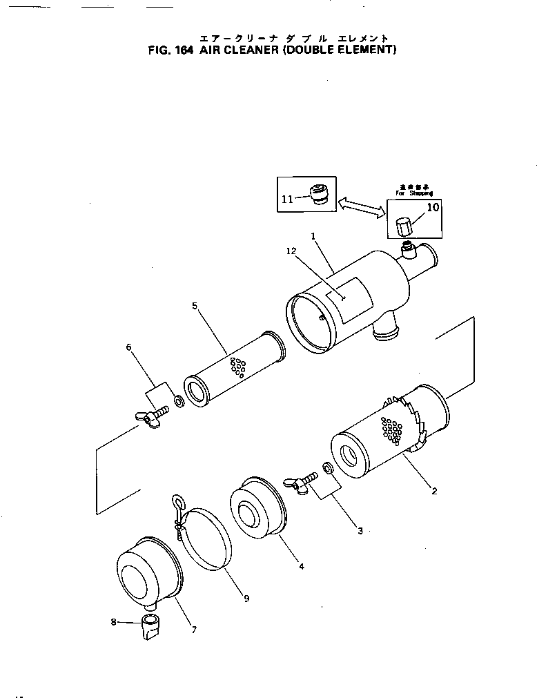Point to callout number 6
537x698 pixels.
pyautogui.click(x=128, y=347)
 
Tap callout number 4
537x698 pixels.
pyautogui.click(x=302, y=566)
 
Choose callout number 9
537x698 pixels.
pyautogui.click(x=246, y=599)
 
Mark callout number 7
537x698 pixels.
pyautogui.click(x=194, y=629)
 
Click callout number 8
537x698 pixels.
pyautogui.click(x=114, y=621)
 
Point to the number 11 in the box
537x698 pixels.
pyautogui.click(x=287, y=199)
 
